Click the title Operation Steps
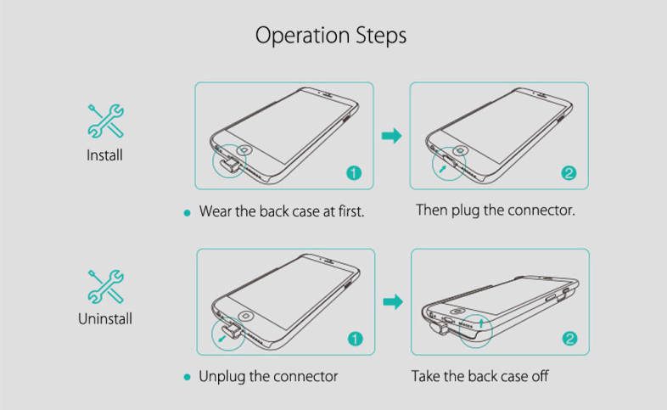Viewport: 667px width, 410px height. tap(331, 36)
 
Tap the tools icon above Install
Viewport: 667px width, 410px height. tap(106, 121)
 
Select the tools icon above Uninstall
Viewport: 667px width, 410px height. tap(106, 286)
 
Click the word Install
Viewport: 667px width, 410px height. tap(104, 155)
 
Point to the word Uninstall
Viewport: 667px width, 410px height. tap(104, 319)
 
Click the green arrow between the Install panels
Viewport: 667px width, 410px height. tap(391, 136)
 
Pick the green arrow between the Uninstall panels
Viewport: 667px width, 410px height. tap(391, 301)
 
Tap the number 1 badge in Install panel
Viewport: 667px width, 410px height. tap(355, 173)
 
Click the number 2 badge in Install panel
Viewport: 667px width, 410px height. tap(569, 174)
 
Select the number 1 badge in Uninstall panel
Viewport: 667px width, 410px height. tap(355, 339)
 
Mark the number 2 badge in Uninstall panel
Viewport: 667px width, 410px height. tap(570, 339)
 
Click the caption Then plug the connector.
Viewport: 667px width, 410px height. tap(496, 209)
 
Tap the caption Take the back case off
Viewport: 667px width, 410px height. tap(479, 375)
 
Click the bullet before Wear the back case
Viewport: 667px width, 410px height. tap(187, 211)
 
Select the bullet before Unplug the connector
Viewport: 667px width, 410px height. tap(187, 376)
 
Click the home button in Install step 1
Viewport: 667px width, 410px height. tap(244, 150)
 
